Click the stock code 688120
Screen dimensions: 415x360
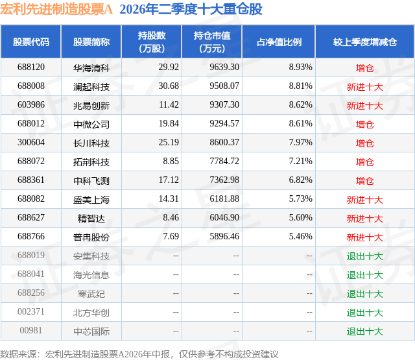(x=31, y=67)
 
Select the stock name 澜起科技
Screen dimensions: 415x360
(x=91, y=86)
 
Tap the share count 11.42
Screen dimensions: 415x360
(x=169, y=105)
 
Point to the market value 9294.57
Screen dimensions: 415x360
(x=224, y=124)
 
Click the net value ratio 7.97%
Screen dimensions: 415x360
(x=300, y=143)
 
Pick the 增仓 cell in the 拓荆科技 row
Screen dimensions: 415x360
(x=364, y=162)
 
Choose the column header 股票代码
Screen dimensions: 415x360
(x=31, y=42)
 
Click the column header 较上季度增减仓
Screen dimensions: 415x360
(x=365, y=42)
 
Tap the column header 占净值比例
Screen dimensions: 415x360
(x=279, y=42)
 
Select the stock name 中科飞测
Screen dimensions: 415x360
(x=91, y=180)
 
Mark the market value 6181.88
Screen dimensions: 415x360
(x=224, y=198)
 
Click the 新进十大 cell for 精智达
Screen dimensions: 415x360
(x=364, y=218)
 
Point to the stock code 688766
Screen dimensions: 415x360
(x=31, y=236)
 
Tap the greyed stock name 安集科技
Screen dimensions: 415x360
(x=91, y=256)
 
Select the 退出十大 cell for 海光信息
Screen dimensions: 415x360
(x=364, y=274)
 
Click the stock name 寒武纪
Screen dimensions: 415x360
(x=91, y=293)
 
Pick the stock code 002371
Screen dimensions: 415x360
(x=31, y=311)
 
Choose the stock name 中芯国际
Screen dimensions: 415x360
(x=91, y=331)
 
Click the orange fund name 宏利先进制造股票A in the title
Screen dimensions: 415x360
(x=56, y=9)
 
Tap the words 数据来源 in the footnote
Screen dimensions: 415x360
(x=18, y=354)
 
